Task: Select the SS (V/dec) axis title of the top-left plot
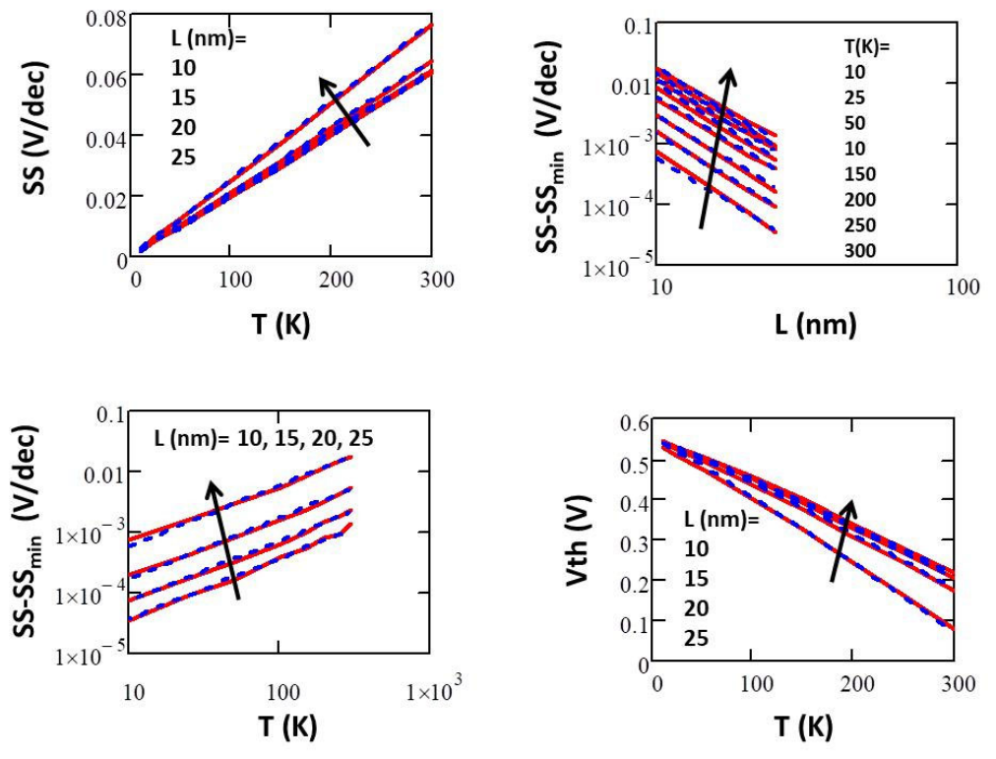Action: (x=34, y=128)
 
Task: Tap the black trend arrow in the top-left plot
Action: (x=343, y=111)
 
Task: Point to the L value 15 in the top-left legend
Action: (x=183, y=97)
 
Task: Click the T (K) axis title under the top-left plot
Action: (x=280, y=325)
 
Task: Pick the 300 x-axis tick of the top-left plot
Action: (x=436, y=280)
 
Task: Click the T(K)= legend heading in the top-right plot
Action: (x=867, y=47)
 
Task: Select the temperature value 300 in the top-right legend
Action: (x=860, y=250)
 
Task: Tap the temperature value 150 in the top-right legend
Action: (x=860, y=174)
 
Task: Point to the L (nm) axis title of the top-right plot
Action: (x=816, y=325)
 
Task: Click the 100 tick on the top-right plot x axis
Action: (x=963, y=287)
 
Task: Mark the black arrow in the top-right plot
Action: (x=716, y=148)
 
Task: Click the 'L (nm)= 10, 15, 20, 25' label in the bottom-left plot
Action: (x=264, y=438)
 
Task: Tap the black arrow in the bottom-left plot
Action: (x=224, y=539)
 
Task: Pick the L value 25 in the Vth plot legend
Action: (x=696, y=638)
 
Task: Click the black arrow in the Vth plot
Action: (x=842, y=539)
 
